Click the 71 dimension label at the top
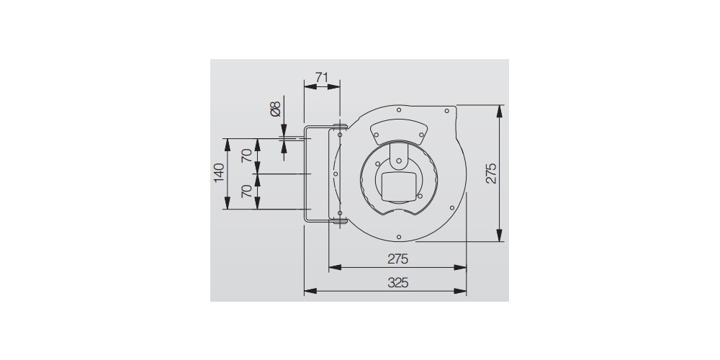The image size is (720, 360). click(322, 76)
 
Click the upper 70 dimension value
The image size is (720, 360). click(247, 156)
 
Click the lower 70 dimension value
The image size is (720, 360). click(247, 192)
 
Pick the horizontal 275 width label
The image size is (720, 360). click(398, 258)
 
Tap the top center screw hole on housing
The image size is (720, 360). click(399, 109)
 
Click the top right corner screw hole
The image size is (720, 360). click(447, 111)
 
